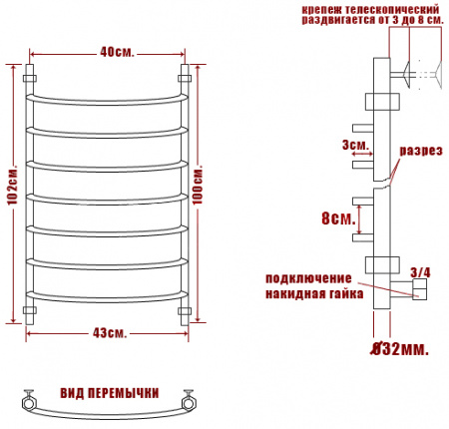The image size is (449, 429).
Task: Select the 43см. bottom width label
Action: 107,332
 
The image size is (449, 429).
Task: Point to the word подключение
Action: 309,277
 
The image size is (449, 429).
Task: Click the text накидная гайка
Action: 309,293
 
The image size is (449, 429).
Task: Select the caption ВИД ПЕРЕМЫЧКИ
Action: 108,391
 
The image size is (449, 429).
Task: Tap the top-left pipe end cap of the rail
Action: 29,75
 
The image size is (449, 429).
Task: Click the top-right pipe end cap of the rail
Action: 185,75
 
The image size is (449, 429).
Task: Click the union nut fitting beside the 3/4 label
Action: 420,289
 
